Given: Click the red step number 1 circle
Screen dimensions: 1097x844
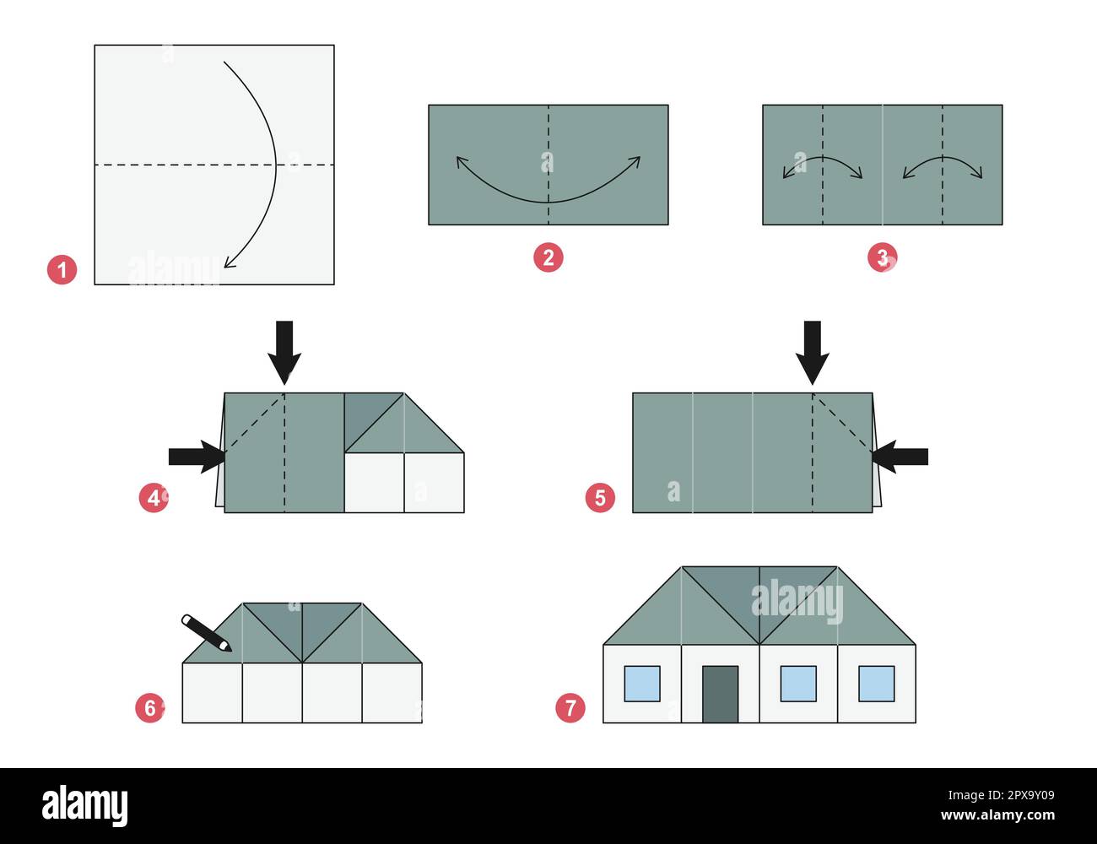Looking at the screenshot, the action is pos(62,270).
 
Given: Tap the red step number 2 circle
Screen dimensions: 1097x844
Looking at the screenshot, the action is pos(548,257).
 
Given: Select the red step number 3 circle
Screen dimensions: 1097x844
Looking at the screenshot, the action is pos(883,257).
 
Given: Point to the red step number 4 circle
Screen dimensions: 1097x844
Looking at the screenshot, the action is pos(154,498).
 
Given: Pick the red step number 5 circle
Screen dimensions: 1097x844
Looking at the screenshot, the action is pos(600,498).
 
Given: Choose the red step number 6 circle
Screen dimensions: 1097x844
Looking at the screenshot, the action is pos(150,708).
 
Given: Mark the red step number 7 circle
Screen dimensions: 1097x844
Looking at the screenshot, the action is pos(570,708).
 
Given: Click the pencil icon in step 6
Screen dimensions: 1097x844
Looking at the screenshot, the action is pos(207,633).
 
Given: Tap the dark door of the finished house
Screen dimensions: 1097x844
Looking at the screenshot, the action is pos(720,694).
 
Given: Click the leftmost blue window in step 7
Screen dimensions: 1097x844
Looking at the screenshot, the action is pos(642,684).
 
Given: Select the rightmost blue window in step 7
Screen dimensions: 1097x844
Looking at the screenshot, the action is pos(877,684).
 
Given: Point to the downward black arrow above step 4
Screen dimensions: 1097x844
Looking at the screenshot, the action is pos(284,353).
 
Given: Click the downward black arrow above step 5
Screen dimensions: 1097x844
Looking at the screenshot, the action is pos(813,353).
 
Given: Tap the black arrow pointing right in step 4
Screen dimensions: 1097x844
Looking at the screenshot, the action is pos(197,457).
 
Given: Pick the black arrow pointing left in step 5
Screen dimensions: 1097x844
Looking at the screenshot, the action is pos(900,457).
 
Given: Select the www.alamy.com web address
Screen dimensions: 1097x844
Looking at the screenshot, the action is pos(997,814).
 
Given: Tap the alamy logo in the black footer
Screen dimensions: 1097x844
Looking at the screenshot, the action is pos(85,806).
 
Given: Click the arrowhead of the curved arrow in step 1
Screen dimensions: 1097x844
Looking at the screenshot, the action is pos(229,262).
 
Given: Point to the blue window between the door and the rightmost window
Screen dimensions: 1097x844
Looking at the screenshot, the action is pos(798,684).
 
